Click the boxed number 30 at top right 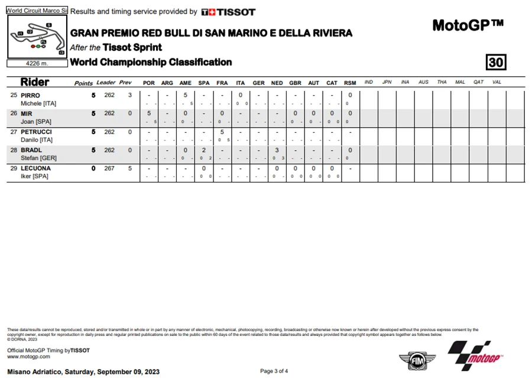[x=496, y=62]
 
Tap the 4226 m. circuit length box [x=36, y=64]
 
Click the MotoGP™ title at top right [x=468, y=25]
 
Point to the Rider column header [x=35, y=82]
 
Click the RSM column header [x=350, y=83]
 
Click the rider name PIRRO [x=30, y=95]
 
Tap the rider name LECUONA [x=35, y=168]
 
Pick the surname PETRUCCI [x=36, y=132]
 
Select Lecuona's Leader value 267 [x=109, y=168]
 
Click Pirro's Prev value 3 [x=129, y=95]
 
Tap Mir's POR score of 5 [x=149, y=113]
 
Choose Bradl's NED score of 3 [x=277, y=150]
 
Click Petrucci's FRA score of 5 [x=222, y=132]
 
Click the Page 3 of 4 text [x=274, y=371]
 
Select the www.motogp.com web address [x=28, y=357]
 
